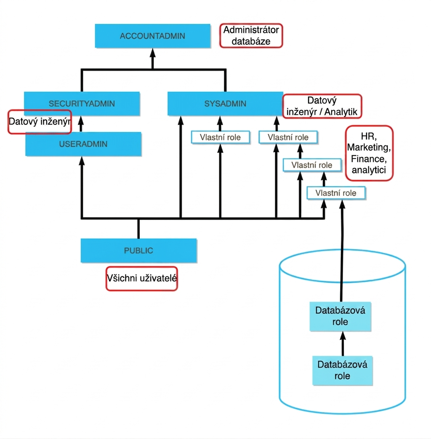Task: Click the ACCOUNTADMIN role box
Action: [153, 36]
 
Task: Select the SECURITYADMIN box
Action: [82, 104]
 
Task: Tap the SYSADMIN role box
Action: [225, 104]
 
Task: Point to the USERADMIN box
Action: [83, 144]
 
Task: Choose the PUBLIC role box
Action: [138, 250]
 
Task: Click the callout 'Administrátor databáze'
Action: [251, 36]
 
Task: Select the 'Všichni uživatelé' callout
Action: [142, 279]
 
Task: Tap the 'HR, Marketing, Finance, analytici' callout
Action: [369, 153]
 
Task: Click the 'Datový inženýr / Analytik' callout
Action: [322, 106]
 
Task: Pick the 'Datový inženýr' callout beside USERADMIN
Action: [40, 122]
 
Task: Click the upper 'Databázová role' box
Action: [341, 316]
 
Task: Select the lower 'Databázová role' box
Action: [342, 371]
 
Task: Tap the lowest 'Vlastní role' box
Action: [336, 193]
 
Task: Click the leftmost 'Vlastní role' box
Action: [220, 137]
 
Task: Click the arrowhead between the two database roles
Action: [343, 336]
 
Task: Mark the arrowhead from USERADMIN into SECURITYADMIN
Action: [81, 121]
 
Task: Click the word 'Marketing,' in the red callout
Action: [369, 147]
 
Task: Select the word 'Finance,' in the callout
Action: [369, 159]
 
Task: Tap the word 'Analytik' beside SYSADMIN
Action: [341, 112]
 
